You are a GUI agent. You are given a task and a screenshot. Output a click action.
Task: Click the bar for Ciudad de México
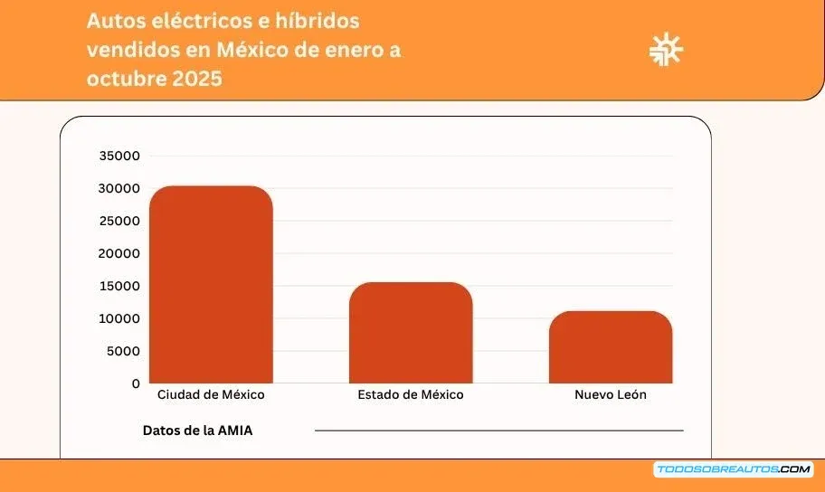211,285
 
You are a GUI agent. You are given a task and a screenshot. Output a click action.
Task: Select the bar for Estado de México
411,333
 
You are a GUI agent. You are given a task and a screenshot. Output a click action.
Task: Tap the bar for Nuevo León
611,347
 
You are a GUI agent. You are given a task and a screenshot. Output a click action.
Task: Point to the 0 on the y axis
136,383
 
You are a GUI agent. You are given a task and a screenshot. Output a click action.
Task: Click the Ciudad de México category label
211,395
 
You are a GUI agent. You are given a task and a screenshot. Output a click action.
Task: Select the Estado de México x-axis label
411,395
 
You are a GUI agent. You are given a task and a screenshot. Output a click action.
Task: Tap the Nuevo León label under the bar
611,395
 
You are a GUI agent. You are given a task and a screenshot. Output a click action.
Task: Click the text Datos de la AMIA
197,430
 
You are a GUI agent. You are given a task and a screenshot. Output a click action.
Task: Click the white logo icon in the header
667,50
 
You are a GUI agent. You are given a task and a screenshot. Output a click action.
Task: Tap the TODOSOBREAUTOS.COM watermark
733,469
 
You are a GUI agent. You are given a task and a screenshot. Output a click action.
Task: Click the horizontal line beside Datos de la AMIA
498,430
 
